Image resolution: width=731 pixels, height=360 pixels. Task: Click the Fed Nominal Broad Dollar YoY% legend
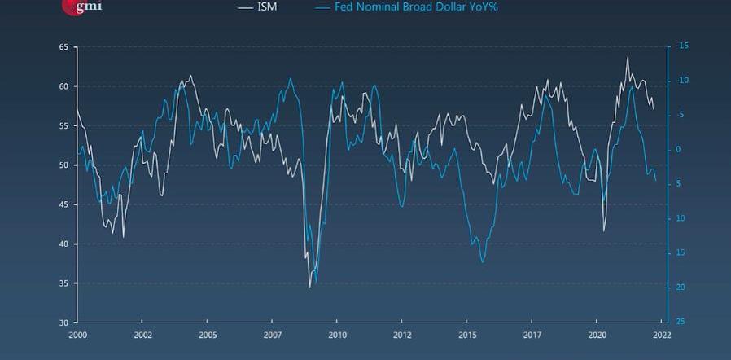405,7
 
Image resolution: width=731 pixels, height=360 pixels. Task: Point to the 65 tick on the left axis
63,47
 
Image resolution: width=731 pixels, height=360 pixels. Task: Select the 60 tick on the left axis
63,86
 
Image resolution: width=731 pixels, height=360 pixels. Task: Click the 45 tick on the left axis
63,204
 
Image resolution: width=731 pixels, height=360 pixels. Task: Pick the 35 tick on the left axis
63,283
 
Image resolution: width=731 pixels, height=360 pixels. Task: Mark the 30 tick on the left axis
63,323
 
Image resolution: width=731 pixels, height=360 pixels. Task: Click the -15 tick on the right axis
682,46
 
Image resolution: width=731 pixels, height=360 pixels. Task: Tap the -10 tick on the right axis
682,81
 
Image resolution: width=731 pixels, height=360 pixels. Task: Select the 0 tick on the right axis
678,150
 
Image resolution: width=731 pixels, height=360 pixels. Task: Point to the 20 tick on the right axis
681,288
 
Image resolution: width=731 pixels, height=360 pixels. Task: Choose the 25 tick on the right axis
681,322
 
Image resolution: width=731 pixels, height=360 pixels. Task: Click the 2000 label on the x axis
78,335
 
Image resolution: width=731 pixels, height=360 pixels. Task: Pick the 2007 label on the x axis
273,335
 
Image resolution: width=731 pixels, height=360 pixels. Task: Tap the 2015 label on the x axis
467,335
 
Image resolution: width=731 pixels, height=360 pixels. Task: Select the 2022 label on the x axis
661,335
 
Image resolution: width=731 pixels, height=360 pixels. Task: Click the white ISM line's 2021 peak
627,57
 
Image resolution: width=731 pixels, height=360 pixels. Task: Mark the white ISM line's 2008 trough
309,287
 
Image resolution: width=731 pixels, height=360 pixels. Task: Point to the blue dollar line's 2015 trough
483,262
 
